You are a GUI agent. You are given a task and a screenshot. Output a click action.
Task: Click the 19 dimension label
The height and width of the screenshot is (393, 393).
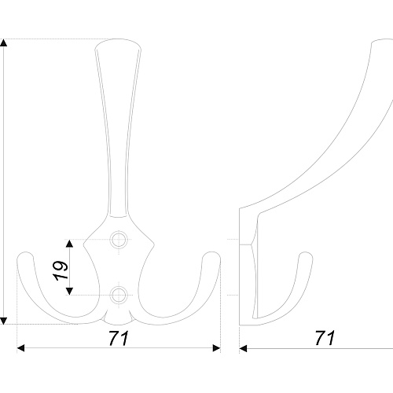[x=62, y=270]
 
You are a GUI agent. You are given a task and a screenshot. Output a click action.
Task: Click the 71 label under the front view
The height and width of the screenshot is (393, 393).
[x=119, y=338]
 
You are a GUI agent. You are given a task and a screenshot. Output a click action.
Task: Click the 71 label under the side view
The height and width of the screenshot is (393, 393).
[x=325, y=338]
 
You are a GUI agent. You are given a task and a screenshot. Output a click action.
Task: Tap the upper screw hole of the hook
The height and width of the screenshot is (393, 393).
[x=119, y=240]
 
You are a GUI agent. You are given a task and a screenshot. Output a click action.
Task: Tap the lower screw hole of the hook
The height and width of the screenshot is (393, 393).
[x=119, y=296]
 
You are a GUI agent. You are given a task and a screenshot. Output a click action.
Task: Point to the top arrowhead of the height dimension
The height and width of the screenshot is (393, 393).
[x=3, y=42]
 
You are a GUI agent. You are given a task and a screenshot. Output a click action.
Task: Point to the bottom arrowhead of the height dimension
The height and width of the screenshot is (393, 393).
[x=3, y=321]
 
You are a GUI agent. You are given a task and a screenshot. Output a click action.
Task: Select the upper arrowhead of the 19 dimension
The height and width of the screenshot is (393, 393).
[x=69, y=244]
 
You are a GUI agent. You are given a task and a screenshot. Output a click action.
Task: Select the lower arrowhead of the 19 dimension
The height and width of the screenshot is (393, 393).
[x=69, y=291]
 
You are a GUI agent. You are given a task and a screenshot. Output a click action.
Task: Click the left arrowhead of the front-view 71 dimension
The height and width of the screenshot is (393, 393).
[x=20, y=348]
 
